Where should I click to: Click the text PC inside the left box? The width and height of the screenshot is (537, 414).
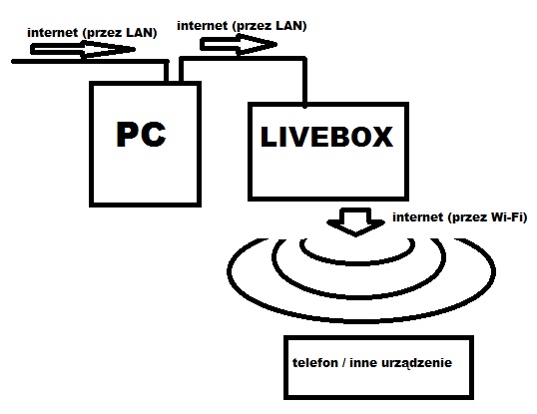[x=141, y=138]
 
